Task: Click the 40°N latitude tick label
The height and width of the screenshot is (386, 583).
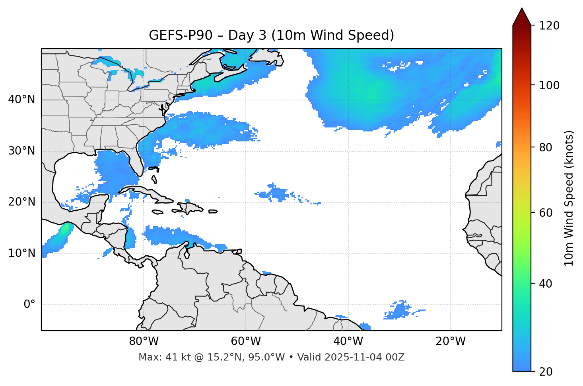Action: (21, 100)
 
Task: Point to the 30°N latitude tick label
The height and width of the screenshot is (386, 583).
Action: (21, 151)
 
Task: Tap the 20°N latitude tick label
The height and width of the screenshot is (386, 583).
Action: (21, 202)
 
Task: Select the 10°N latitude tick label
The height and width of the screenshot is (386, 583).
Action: (21, 253)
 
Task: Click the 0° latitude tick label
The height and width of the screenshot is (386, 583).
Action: (29, 305)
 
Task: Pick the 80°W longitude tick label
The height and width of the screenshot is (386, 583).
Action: (144, 341)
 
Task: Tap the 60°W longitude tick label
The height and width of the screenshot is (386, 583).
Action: (246, 341)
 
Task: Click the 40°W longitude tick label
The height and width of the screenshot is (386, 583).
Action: (348, 341)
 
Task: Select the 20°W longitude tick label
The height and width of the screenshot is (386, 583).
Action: (451, 341)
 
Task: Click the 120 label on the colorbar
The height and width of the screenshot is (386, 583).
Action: (549, 26)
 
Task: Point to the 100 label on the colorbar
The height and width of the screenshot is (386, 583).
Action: (549, 85)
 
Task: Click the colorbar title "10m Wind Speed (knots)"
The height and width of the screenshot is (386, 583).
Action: (569, 198)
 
